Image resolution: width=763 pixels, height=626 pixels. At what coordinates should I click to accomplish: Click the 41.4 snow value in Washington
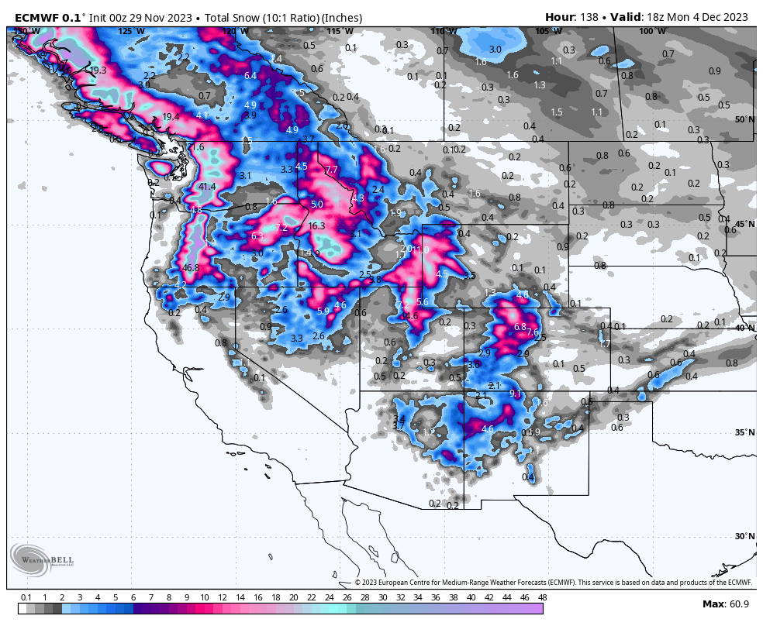[x=207, y=187]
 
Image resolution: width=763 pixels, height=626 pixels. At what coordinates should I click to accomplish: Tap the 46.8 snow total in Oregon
[x=191, y=268]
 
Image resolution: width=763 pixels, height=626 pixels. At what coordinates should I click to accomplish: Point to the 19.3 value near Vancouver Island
[x=98, y=71]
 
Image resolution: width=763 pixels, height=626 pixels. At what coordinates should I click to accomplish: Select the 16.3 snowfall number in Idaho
[x=316, y=226]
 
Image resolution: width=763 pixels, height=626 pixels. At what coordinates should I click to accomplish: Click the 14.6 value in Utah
[x=409, y=316]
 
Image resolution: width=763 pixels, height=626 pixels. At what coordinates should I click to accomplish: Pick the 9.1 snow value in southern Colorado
[x=515, y=394]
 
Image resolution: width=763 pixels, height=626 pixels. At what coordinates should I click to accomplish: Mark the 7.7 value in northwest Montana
[x=332, y=170]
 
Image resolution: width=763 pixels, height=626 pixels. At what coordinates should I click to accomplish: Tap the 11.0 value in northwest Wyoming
[x=421, y=249]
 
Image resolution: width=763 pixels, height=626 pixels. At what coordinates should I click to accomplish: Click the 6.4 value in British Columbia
[x=250, y=76]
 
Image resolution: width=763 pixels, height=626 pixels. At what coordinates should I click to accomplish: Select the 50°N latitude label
[x=744, y=119]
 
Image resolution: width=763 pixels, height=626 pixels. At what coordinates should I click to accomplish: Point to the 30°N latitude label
[x=744, y=536]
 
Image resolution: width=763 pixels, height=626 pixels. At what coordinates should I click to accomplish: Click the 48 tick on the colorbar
[x=541, y=597]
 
